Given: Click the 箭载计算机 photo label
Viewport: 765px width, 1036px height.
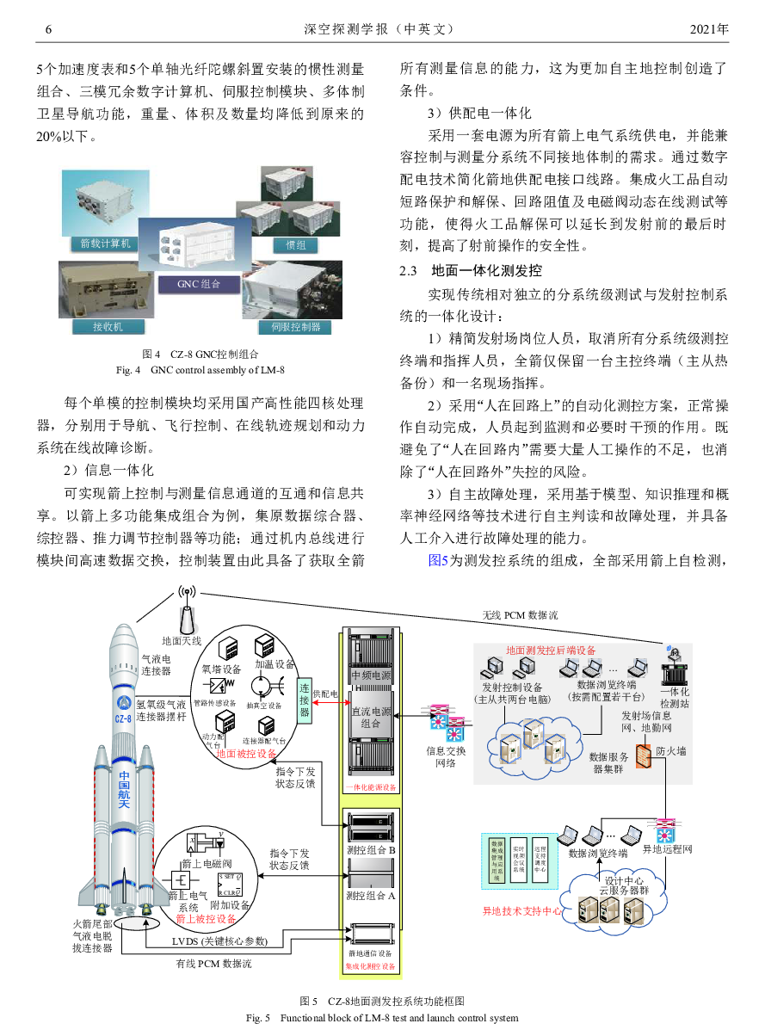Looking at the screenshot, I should [x=105, y=244].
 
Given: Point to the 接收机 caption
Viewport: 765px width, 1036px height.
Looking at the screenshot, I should [x=102, y=327].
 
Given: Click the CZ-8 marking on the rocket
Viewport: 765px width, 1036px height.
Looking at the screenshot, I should [x=124, y=718].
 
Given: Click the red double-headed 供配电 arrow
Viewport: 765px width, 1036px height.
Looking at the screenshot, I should [x=328, y=705].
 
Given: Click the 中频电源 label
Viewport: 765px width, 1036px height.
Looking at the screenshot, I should [x=371, y=675].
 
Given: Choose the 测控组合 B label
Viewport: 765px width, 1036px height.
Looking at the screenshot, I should [x=371, y=851].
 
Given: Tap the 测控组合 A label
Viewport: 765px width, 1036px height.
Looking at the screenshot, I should [x=371, y=896].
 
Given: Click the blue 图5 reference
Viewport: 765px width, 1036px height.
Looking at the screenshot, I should [x=438, y=561].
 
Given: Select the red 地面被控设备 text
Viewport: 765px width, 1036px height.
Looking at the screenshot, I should [x=246, y=754].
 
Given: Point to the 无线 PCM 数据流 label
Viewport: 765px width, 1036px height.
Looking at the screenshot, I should [x=520, y=615].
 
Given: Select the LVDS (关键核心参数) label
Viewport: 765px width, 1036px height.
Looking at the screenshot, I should [x=220, y=941].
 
